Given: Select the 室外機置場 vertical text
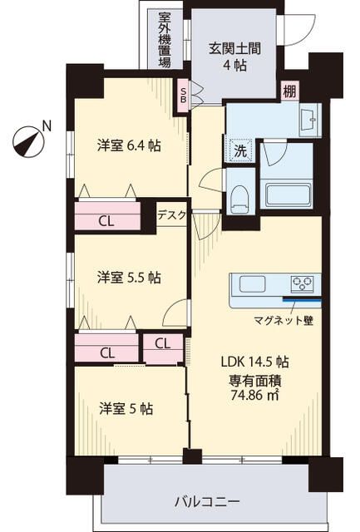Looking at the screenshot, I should [x=165, y=39].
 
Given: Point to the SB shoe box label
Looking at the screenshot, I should [x=183, y=92].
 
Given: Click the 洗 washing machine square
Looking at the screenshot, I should [x=239, y=152].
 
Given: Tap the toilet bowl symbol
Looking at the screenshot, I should [x=239, y=199].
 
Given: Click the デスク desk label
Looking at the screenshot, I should [x=173, y=214].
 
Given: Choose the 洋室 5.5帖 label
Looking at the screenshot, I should [x=128, y=277].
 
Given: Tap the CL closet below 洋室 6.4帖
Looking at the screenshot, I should [x=106, y=221].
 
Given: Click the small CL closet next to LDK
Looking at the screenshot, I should [x=163, y=342].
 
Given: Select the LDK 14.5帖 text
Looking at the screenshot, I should [x=254, y=362].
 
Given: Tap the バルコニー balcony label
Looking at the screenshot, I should [x=207, y=501].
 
